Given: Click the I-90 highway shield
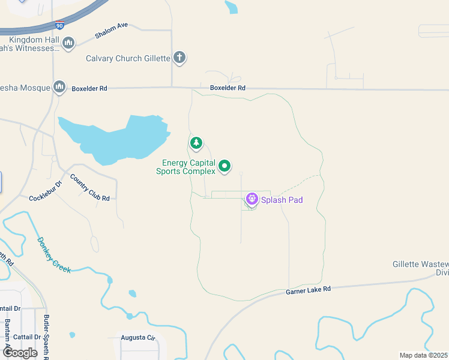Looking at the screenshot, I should [x=58, y=26].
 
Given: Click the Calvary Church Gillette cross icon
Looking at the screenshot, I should [x=179, y=58].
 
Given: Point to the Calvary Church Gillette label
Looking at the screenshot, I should [x=127, y=59].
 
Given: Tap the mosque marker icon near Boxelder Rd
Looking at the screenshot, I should [x=59, y=87].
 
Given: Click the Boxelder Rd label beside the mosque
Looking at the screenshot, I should [x=89, y=89].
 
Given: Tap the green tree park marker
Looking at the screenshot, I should [x=196, y=143].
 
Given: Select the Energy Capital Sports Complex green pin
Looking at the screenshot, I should [x=224, y=165].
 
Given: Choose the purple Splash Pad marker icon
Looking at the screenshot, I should [x=252, y=198].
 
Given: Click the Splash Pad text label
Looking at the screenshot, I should [x=282, y=200].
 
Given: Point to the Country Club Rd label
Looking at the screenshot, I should [x=89, y=187].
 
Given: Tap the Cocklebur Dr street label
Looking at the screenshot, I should [x=46, y=190].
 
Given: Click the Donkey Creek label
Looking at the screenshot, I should [x=54, y=255].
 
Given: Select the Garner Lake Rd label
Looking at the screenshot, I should [x=309, y=290].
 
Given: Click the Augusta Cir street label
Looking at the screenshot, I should [x=138, y=338].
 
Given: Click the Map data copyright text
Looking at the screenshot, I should [x=423, y=355].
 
